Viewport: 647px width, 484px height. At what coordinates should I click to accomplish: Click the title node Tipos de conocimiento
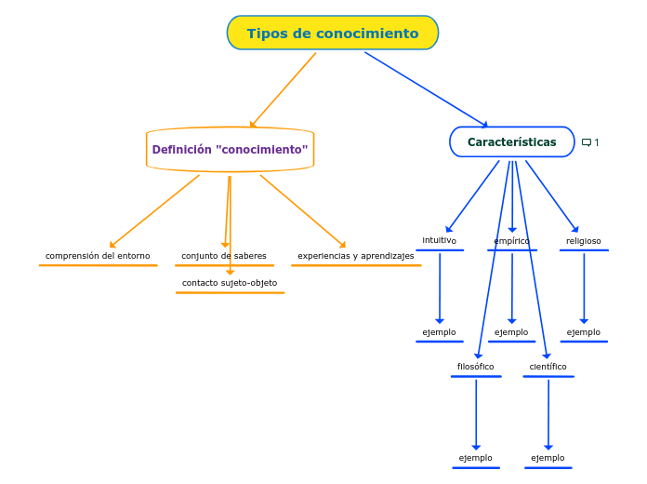[333, 34]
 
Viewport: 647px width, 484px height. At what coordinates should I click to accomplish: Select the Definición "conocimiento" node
[230, 150]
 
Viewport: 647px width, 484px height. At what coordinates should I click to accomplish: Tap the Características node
[511, 142]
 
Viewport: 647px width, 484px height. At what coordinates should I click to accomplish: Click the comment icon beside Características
[587, 142]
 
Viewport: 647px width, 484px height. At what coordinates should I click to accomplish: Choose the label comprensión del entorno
[98, 256]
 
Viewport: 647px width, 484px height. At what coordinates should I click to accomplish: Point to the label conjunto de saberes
[224, 256]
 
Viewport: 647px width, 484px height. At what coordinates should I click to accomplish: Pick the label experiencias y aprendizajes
[356, 256]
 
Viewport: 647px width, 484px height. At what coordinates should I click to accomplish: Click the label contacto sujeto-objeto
[230, 283]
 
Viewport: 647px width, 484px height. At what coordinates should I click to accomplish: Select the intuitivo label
[440, 241]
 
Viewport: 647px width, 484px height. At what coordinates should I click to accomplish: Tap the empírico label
[512, 241]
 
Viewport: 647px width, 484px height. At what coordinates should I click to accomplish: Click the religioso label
[584, 241]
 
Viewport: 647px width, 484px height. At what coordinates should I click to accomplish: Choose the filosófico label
[476, 367]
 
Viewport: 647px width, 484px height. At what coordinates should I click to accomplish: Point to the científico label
[548, 367]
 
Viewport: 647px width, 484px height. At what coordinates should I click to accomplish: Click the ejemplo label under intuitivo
[440, 332]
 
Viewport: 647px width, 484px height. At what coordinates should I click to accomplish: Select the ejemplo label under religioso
[584, 332]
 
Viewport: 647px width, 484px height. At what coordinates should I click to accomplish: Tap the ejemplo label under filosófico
[476, 458]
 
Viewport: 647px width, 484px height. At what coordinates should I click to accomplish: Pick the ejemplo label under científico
[548, 458]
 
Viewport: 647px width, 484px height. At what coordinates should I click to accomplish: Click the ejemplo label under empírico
[511, 332]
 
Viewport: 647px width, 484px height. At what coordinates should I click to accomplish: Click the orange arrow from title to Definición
[284, 89]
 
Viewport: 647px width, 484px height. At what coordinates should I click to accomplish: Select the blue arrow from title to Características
[426, 88]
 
